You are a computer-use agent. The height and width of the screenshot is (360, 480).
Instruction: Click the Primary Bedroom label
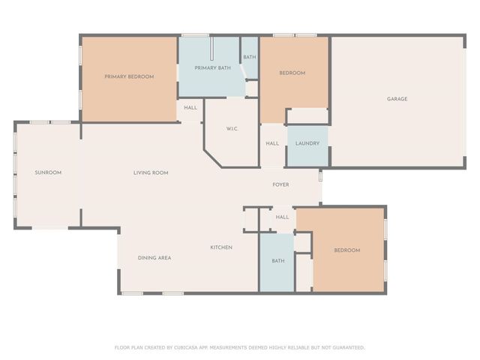(129, 76)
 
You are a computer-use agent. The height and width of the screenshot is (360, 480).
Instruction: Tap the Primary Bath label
(213, 68)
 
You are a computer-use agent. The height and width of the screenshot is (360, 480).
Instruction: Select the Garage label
(397, 98)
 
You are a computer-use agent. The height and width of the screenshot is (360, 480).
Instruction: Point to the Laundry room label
(307, 143)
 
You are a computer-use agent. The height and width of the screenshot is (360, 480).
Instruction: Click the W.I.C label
(232, 129)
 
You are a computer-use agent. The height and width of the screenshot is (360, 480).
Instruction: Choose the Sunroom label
(48, 172)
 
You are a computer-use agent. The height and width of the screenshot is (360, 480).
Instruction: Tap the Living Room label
(151, 172)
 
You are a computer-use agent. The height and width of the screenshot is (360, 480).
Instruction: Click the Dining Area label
(154, 257)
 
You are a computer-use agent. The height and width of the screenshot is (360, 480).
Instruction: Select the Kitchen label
(220, 247)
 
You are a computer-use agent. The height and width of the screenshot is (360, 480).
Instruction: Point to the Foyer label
(280, 184)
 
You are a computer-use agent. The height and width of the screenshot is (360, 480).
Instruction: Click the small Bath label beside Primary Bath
(250, 57)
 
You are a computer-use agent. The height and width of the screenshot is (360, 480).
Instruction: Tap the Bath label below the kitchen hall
(278, 261)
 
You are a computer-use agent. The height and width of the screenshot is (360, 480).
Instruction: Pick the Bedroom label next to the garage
(292, 73)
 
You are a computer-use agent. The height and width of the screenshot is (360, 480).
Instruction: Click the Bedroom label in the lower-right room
(346, 250)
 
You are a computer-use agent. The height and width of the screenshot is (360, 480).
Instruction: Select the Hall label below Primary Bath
(190, 107)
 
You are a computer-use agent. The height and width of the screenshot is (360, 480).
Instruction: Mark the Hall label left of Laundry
(272, 143)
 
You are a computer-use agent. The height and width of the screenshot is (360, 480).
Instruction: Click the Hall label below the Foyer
(282, 217)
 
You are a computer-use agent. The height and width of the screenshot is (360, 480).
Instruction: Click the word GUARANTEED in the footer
(346, 347)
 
